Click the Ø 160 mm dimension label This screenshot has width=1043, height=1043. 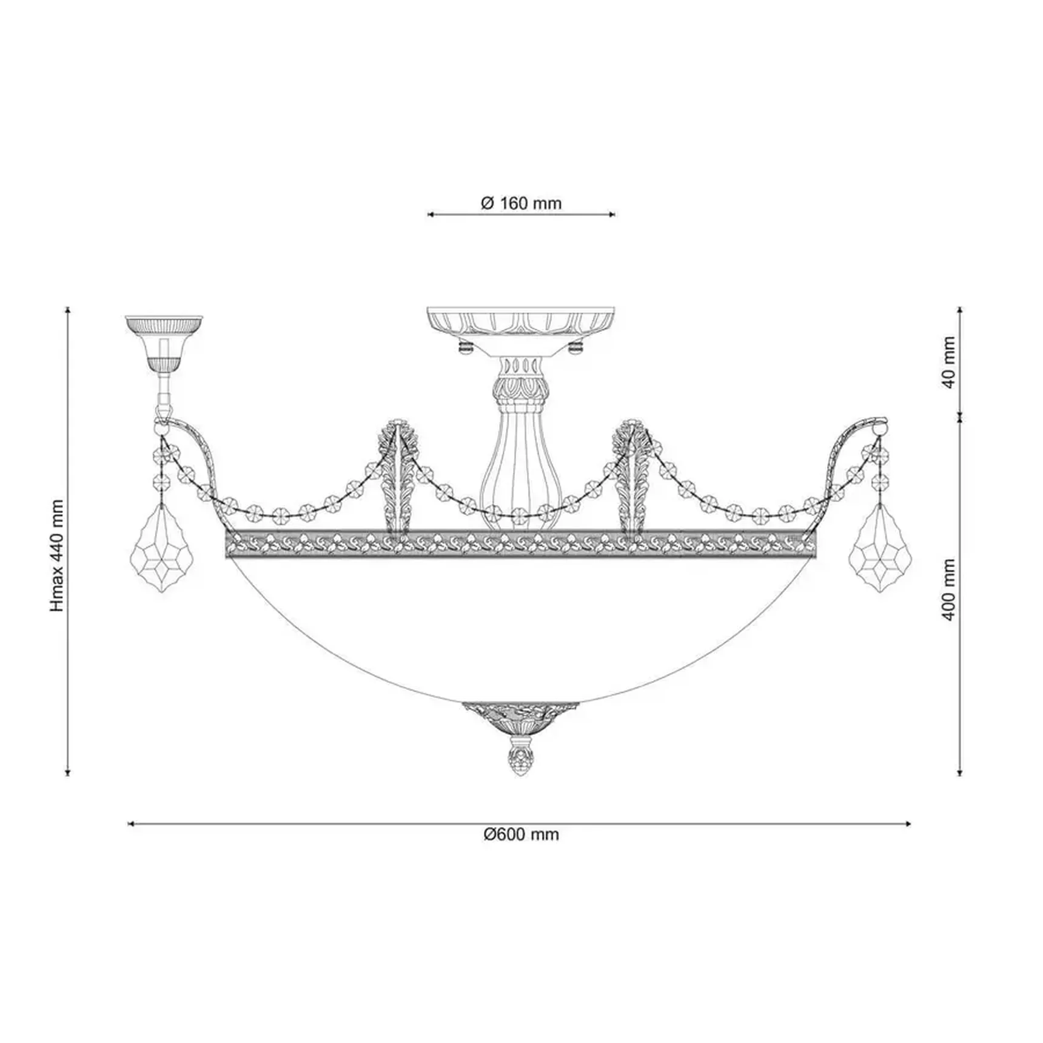click(x=521, y=203)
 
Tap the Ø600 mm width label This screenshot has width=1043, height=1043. click(x=521, y=834)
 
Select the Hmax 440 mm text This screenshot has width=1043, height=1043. click(x=58, y=555)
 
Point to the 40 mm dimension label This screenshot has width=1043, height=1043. click(x=949, y=363)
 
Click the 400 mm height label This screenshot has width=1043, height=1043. click(x=949, y=589)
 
